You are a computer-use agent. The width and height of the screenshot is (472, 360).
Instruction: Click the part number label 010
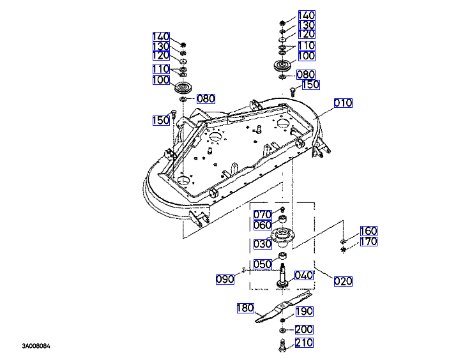(x=344, y=103)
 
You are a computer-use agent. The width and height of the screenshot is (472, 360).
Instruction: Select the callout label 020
(x=343, y=280)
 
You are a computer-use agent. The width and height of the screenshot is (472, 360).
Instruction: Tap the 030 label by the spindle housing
(x=263, y=243)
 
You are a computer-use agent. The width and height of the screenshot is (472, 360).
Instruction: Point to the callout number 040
(x=303, y=275)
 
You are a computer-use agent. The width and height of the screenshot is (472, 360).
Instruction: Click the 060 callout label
(x=263, y=225)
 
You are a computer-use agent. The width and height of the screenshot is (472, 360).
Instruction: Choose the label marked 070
(x=263, y=214)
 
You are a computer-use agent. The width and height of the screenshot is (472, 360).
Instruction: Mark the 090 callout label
(x=225, y=279)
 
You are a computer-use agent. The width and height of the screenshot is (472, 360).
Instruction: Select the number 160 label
(x=368, y=231)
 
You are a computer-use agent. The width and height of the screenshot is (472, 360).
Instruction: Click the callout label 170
(x=368, y=242)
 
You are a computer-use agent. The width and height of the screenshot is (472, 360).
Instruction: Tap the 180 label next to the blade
(x=246, y=308)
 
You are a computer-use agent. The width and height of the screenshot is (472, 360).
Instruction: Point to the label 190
(x=304, y=311)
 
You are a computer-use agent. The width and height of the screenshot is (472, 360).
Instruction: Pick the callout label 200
(x=304, y=329)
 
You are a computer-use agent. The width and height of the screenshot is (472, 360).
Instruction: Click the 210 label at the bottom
(x=304, y=343)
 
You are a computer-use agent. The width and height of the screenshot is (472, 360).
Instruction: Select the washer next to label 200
(x=282, y=331)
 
